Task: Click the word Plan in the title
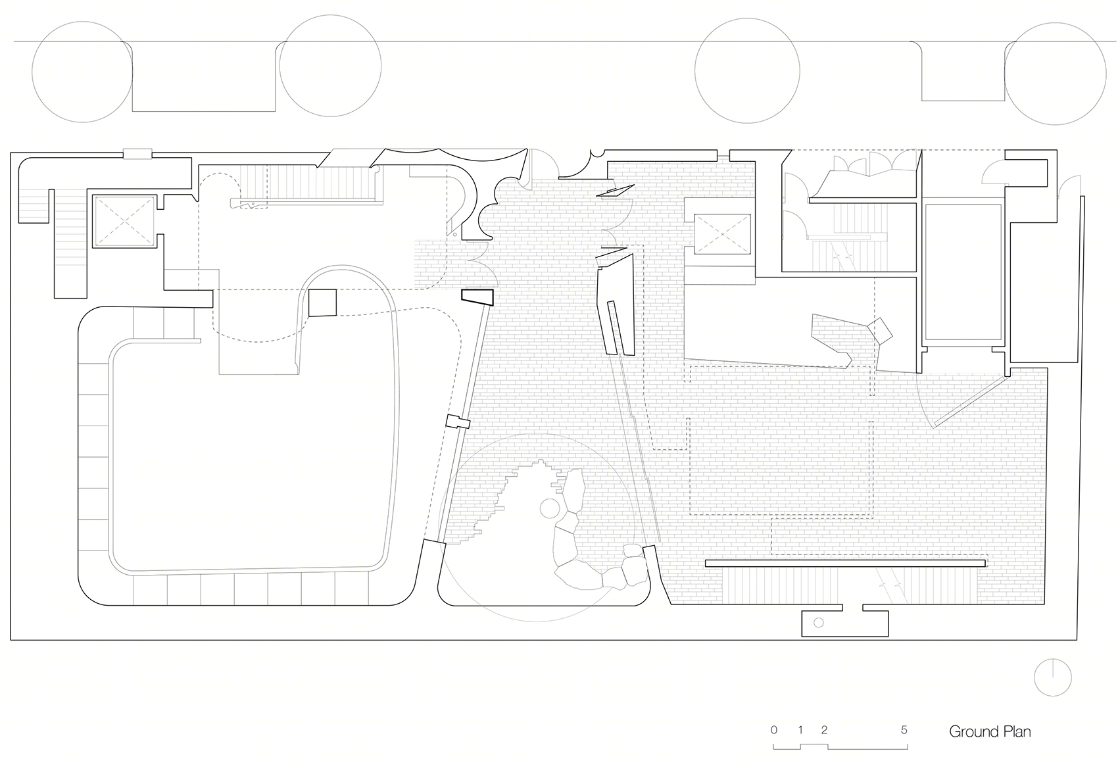pyautogui.click(x=1016, y=731)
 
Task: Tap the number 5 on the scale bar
pyautogui.click(x=904, y=730)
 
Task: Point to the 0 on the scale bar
pyautogui.click(x=773, y=730)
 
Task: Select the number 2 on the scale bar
pyautogui.click(x=824, y=730)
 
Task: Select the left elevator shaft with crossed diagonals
pyautogui.click(x=124, y=221)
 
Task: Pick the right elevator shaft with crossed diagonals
pyautogui.click(x=722, y=234)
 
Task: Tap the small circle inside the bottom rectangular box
pyautogui.click(x=819, y=623)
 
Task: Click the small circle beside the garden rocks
pyautogui.click(x=550, y=508)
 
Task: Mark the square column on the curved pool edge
pyautogui.click(x=322, y=303)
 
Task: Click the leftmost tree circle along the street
pyautogui.click(x=82, y=72)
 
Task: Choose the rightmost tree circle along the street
pyautogui.click(x=1055, y=74)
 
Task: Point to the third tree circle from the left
pyautogui.click(x=747, y=71)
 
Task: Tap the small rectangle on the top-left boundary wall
pyautogui.click(x=137, y=154)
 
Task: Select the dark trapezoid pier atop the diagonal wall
pyautogui.click(x=477, y=297)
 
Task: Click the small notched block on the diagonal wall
pyautogui.click(x=458, y=422)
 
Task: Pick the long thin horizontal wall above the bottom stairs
pyautogui.click(x=846, y=564)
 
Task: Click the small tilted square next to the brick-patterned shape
pyautogui.click(x=880, y=330)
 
